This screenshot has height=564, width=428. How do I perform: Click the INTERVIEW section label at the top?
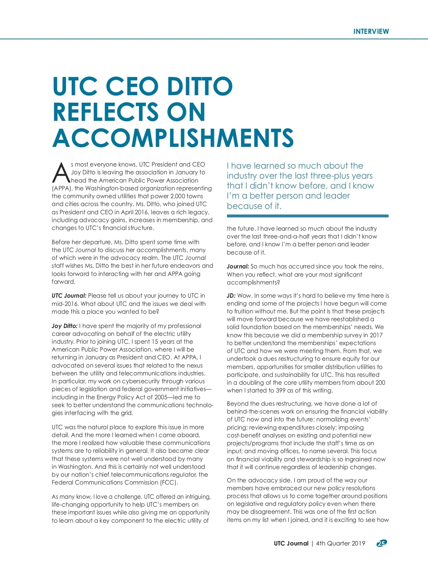[371, 31]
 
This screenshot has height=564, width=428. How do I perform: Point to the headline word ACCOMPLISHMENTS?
[173, 138]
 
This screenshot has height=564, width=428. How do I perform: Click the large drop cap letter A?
[61, 173]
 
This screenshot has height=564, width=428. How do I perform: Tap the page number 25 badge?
[382, 543]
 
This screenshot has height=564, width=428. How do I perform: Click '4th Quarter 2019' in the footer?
[341, 543]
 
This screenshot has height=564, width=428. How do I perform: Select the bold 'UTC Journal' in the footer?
[291, 543]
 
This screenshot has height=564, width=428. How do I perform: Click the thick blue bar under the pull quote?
[307, 216]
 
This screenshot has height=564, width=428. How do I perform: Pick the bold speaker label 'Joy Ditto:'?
[65, 326]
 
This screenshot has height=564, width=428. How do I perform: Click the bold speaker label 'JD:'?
[231, 296]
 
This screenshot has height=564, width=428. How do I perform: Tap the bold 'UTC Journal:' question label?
[69, 296]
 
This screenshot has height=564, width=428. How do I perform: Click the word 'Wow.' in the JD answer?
[245, 296]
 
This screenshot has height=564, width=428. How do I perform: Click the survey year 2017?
[376, 335]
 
